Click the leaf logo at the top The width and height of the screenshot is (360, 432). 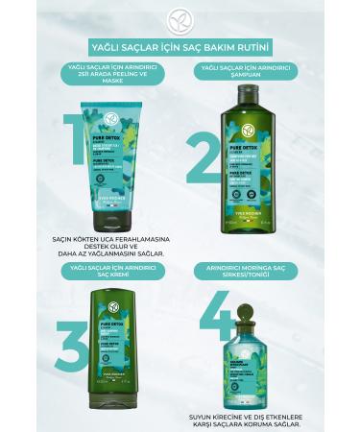(180, 16)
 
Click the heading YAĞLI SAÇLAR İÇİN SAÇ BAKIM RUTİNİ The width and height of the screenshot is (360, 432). (179, 46)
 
